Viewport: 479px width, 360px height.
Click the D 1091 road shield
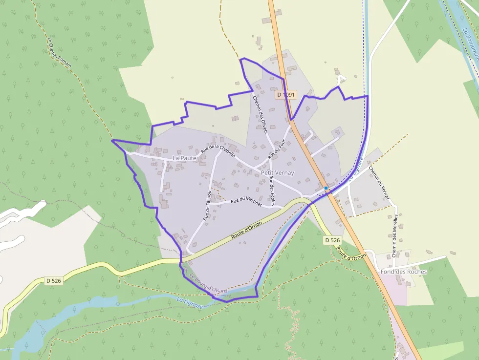point(286,95)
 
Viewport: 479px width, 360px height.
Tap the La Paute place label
point(184,158)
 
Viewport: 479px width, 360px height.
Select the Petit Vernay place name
point(278,173)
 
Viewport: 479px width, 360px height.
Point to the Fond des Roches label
point(404,272)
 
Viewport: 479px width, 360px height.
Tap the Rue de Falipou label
point(207,206)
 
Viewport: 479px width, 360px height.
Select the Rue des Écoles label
point(272,191)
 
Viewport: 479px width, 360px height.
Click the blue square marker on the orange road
point(326,188)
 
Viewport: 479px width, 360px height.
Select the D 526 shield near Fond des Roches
point(332,240)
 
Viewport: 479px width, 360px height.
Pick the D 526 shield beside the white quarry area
point(54,281)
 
